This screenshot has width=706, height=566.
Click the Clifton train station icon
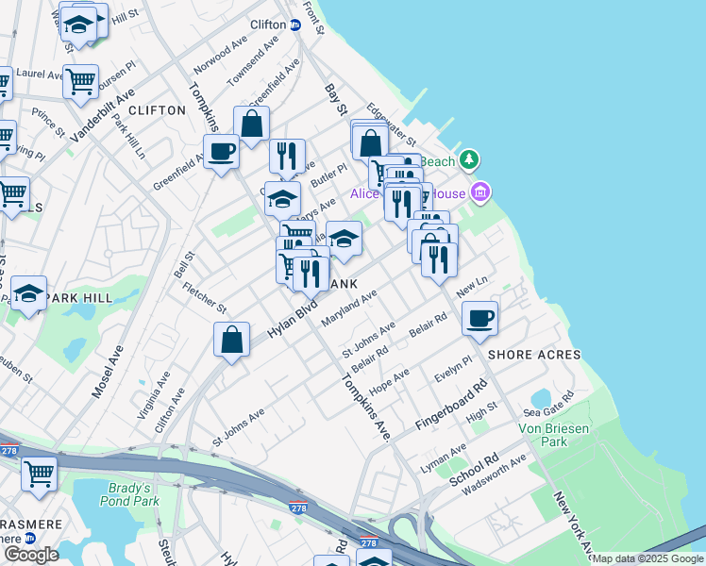pyautogui.click(x=294, y=25)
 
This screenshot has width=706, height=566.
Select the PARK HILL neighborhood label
pyautogui.click(x=79, y=298)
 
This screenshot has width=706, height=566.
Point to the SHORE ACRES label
pyautogui.click(x=526, y=355)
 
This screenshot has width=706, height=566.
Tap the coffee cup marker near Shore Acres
pyautogui.click(x=480, y=318)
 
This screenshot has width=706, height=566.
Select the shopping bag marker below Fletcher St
pyautogui.click(x=231, y=340)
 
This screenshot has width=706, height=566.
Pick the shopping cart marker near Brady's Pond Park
pyautogui.click(x=40, y=473)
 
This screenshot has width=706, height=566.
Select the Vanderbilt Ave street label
pyautogui.click(x=103, y=115)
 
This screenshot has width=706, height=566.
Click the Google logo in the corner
pyautogui.click(x=31, y=555)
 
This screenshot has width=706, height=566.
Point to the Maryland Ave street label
pyautogui.click(x=349, y=308)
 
